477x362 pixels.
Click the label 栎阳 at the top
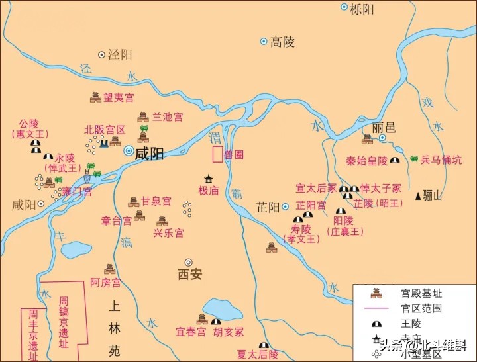coord(363,9)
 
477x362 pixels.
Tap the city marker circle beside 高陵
coord(264,42)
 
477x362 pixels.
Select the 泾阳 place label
coord(119,55)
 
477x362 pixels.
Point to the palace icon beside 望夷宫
coord(95,97)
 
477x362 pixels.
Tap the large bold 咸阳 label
coord(149,153)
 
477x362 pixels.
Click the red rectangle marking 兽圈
coord(217,154)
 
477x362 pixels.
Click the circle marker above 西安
coord(188,262)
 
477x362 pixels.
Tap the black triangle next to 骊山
coord(417,196)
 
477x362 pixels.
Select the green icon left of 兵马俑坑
coord(413,159)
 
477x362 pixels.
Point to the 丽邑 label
coord(384,126)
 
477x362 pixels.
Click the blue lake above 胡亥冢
coord(224,308)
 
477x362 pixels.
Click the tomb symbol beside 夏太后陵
coord(264,345)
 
